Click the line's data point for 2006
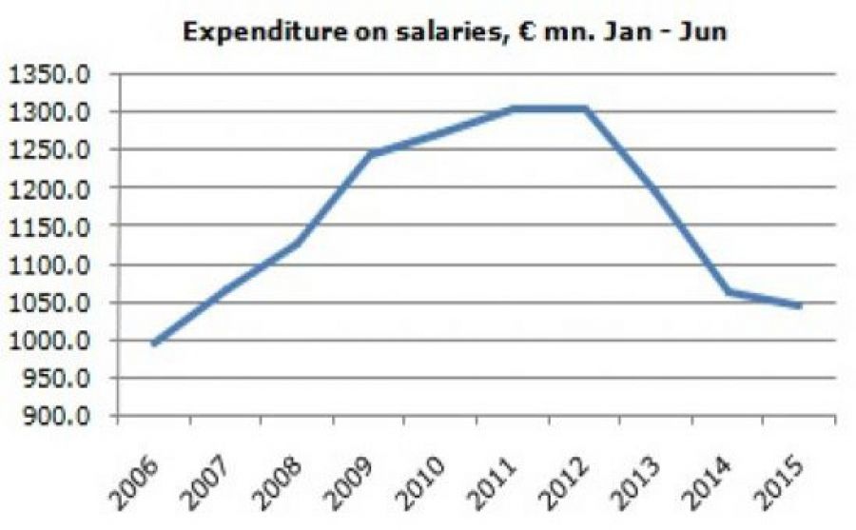154,344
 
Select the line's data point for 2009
369,154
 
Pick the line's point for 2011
514,108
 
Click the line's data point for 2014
729,291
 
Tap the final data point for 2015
800,306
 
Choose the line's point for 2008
298,244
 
